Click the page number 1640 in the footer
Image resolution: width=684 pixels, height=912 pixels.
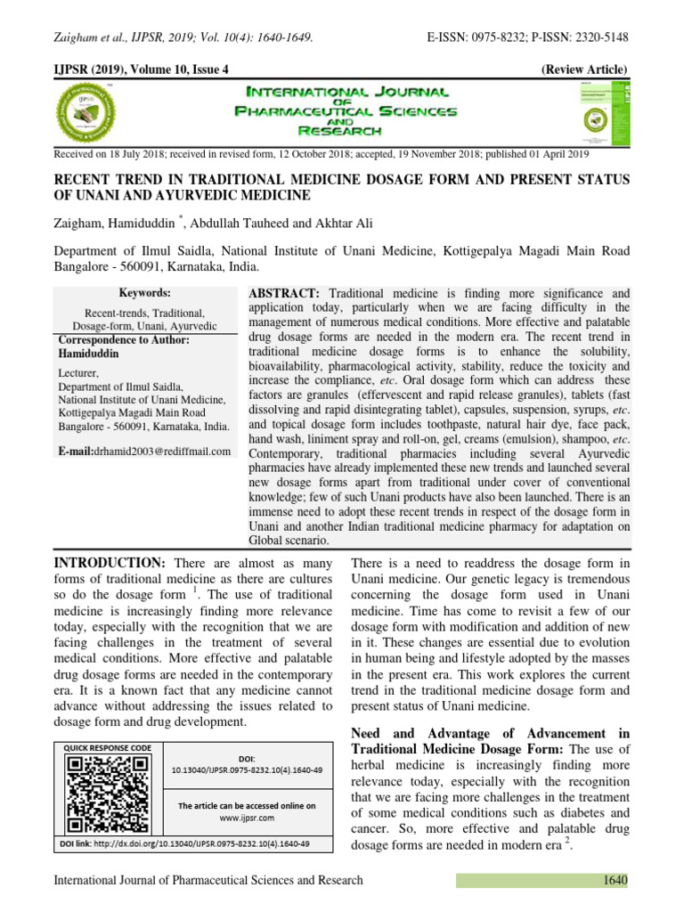(612, 880)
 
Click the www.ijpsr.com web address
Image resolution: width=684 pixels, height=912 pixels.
(247, 817)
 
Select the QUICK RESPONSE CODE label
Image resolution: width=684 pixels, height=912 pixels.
(107, 747)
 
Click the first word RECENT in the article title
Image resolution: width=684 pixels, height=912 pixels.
(86, 180)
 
